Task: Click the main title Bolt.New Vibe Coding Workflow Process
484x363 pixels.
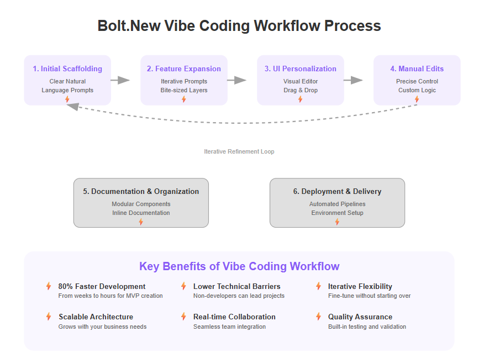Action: [239, 26]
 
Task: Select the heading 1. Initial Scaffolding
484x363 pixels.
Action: [67, 69]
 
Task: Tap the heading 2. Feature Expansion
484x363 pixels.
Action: [184, 69]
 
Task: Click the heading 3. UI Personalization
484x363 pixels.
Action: [301, 69]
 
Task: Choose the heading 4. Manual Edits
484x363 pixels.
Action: [417, 69]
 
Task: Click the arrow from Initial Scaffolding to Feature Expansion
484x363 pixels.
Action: [120, 80]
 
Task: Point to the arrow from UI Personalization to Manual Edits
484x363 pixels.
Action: [354, 80]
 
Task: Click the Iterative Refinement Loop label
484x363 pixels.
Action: [239, 151]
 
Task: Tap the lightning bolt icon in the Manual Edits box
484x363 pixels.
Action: [417, 99]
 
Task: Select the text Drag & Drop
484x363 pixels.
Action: [301, 90]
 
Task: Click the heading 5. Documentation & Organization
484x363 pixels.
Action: [141, 191]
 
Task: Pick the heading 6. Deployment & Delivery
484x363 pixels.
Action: [338, 191]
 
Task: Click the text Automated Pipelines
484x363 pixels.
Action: [338, 204]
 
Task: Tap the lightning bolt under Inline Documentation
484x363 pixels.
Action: [141, 222]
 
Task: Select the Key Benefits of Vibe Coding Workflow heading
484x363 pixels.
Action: [239, 266]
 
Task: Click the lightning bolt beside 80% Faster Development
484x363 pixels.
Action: [49, 286]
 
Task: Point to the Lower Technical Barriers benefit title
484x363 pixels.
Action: [237, 286]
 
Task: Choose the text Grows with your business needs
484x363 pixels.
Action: [102, 327]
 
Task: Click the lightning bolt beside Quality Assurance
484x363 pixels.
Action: [319, 317]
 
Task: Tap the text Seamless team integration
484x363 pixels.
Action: [229, 327]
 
